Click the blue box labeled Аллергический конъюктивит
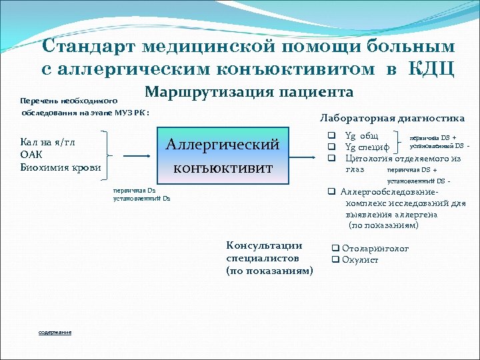pos(222,156)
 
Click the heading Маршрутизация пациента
pos(249,92)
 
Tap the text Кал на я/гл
pos(48,143)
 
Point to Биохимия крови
pos(61,167)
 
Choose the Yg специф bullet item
pos(367,147)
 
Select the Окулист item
pos(360,259)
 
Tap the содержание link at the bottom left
pos(55,332)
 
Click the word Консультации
pos(264,245)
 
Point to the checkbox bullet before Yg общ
pos(330,136)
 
